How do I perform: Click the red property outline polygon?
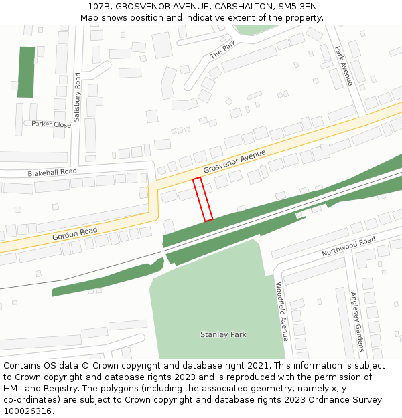(x=202, y=199)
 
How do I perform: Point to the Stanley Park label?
(x=224, y=334)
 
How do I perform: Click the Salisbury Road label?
(x=77, y=96)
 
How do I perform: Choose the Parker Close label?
(x=51, y=124)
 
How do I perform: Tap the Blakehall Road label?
(x=52, y=172)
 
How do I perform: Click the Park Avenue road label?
(x=344, y=66)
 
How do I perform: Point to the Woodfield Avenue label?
(x=281, y=312)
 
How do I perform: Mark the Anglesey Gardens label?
(x=357, y=322)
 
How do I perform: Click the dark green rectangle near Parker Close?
(x=26, y=72)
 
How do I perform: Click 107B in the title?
(x=100, y=7)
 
